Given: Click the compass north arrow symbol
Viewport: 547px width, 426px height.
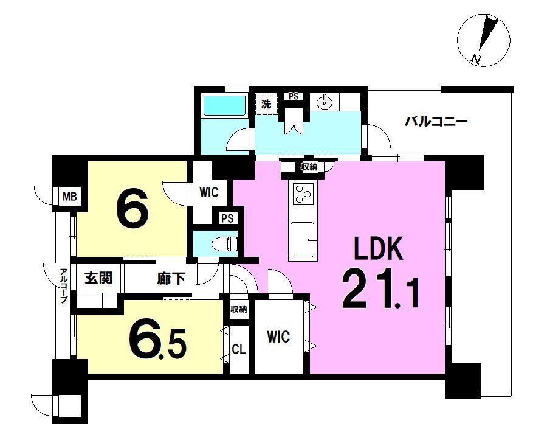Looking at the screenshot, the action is [484, 40].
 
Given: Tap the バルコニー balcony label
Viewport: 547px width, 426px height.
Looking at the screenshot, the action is [436, 122].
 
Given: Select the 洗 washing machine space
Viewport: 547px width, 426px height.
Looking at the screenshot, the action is [267, 103].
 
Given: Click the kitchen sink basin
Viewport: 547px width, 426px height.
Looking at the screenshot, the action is [303, 239].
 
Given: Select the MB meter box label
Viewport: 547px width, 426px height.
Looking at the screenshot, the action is [70, 197].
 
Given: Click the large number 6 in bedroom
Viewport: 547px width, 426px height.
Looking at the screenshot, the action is [132, 209].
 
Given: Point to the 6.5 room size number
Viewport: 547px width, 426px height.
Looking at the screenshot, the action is [157, 341].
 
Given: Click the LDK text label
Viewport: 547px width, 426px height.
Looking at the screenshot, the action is [378, 248].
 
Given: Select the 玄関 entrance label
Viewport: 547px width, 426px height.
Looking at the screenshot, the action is [98, 278].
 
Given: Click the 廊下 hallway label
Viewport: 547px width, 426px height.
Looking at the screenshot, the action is [171, 279].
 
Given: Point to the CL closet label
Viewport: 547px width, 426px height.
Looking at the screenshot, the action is [239, 349].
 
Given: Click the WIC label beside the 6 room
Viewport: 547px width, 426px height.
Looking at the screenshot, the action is [209, 192].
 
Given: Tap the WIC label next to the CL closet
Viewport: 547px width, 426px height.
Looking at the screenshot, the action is [278, 337].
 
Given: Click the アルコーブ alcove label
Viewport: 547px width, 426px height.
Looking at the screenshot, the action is [63, 285].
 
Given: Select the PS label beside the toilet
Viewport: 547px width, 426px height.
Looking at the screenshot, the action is [227, 218].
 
